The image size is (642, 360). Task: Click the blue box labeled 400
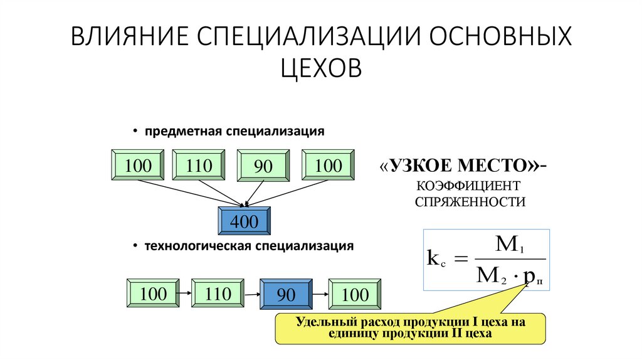[x=244, y=221]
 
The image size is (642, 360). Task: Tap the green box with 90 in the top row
[x=262, y=167]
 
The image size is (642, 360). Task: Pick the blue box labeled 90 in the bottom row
[x=287, y=294]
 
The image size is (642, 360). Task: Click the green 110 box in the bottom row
[x=217, y=294]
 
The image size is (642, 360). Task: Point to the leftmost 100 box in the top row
[x=137, y=166]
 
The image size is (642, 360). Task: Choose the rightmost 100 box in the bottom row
[x=355, y=294]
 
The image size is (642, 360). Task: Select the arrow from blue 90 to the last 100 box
[x=320, y=294]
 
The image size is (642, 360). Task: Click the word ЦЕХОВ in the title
[x=321, y=67]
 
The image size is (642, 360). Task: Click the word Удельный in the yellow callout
[x=323, y=322]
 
